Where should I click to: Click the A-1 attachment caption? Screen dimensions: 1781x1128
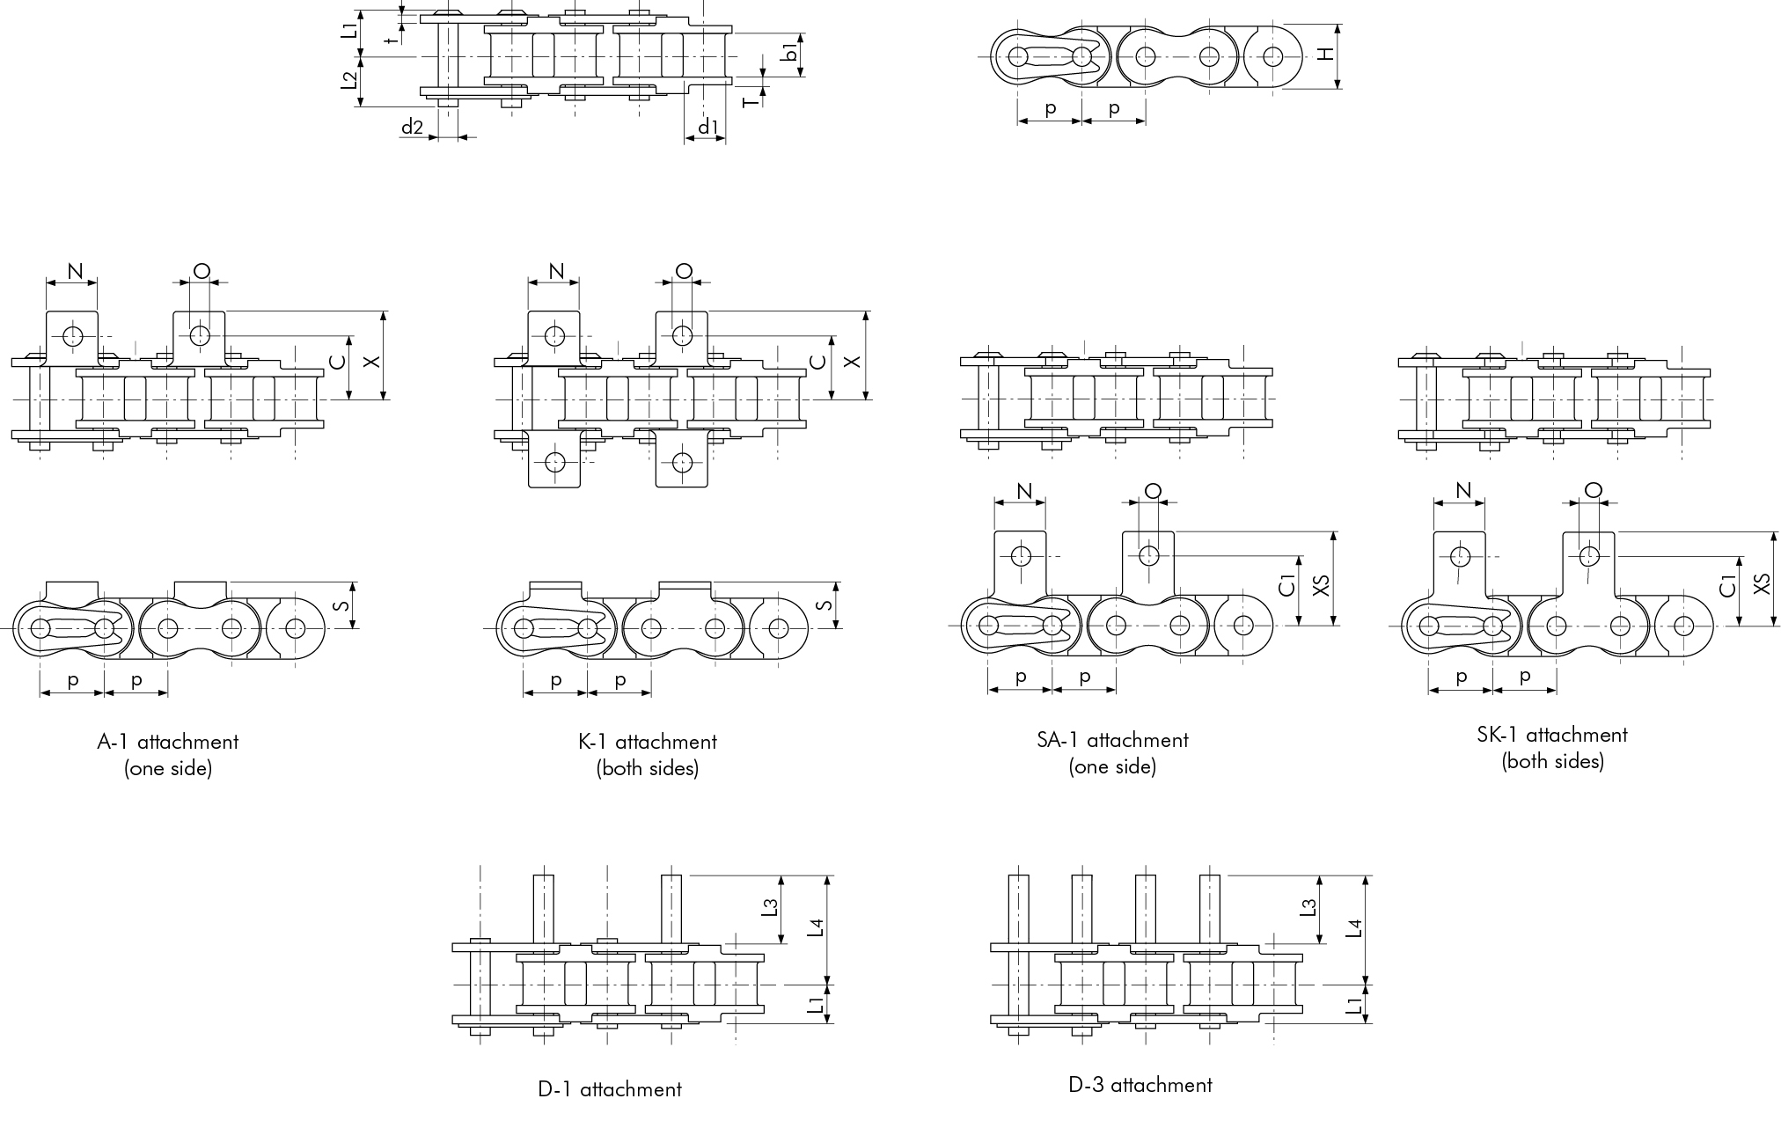coord(167,755)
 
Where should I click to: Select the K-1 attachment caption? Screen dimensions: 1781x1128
coord(648,755)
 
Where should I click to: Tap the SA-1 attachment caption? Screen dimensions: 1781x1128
coord(1112,753)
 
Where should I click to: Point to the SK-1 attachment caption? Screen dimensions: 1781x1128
coord(1552,748)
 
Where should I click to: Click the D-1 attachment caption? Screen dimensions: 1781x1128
coord(610,1089)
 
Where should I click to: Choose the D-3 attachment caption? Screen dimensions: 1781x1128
coord(1140,1085)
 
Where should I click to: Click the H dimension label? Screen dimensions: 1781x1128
coord(1326,55)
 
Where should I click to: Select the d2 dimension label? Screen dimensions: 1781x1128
coord(412,127)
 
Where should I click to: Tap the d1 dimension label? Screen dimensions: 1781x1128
coord(707,127)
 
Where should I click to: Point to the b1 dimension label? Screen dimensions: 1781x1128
coord(791,53)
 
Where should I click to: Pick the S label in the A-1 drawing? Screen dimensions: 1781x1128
coord(344,604)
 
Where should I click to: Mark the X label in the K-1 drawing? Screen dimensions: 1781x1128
coord(851,361)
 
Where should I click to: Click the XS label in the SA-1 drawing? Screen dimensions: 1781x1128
coord(1320,585)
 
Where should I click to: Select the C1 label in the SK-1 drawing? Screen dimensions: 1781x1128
coord(1728,584)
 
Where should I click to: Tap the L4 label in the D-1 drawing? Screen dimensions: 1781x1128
coord(817,927)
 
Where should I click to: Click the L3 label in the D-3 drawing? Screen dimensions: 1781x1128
coord(1308,906)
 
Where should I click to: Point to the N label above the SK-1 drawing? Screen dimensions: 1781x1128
coord(1463,490)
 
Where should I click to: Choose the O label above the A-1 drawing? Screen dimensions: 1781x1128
coord(202,271)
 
